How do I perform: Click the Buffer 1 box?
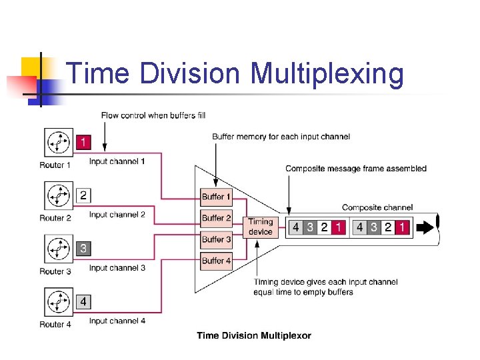pyautogui.click(x=217, y=197)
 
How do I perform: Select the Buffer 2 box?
pyautogui.click(x=217, y=218)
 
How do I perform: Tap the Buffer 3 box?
pyautogui.click(x=217, y=239)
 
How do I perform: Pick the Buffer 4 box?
pyautogui.click(x=217, y=261)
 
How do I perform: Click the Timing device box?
pyautogui.click(x=261, y=227)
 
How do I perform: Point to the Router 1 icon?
pyautogui.click(x=59, y=143)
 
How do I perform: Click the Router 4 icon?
pyautogui.click(x=59, y=303)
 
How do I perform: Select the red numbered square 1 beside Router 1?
pyautogui.click(x=83, y=142)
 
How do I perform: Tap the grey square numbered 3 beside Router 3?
pyautogui.click(x=83, y=249)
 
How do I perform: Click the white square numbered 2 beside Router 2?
pyautogui.click(x=83, y=195)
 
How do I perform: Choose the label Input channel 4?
pyautogui.click(x=117, y=321)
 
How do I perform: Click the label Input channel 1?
pyautogui.click(x=117, y=161)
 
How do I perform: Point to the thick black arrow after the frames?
pyautogui.click(x=425, y=227)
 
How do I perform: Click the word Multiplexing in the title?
pyautogui.click(x=327, y=73)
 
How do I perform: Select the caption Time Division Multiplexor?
pyautogui.click(x=254, y=335)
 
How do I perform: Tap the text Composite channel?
pyautogui.click(x=377, y=207)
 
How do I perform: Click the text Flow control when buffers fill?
pyautogui.click(x=153, y=115)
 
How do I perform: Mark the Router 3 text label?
pyautogui.click(x=55, y=271)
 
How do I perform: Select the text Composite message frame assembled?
pyautogui.click(x=356, y=169)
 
